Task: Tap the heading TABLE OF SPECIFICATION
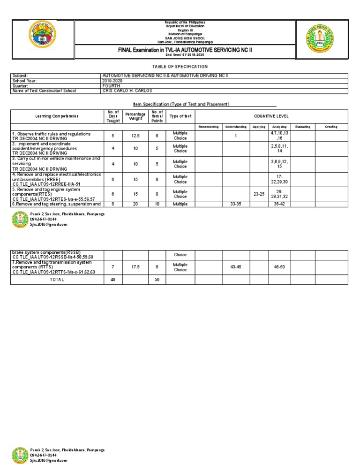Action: click(x=180, y=67)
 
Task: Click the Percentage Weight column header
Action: click(x=135, y=116)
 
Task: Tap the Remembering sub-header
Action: click(x=209, y=127)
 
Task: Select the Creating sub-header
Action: click(x=331, y=127)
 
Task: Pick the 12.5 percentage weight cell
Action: click(x=135, y=136)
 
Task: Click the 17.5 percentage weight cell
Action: click(x=135, y=267)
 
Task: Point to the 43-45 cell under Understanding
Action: click(x=236, y=267)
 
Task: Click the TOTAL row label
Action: click(x=57, y=280)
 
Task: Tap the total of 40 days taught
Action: click(x=112, y=280)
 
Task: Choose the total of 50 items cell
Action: click(x=157, y=280)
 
